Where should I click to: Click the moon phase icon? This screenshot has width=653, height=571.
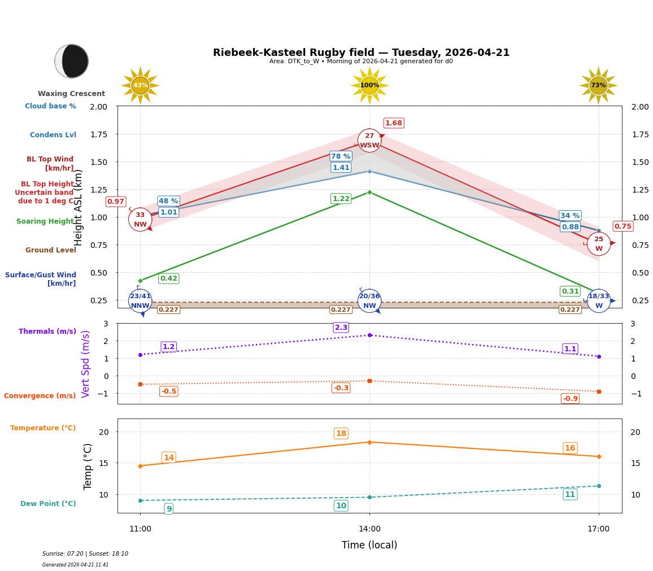coord(72,61)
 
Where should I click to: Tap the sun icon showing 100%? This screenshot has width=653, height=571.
coord(369,85)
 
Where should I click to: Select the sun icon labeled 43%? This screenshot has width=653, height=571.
coord(140,85)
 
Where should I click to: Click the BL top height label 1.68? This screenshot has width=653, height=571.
coord(393,123)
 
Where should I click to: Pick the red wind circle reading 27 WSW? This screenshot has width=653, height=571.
coord(369,141)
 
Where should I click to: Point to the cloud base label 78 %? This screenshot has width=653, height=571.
coord(341,156)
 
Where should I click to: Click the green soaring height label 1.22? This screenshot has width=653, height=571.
coord(341,199)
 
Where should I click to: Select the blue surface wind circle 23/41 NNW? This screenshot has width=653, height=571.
coord(140,301)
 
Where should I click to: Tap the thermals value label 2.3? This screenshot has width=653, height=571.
coord(341,328)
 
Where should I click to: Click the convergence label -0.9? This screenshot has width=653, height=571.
coord(570,399)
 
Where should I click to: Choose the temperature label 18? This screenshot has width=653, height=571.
coord(341,434)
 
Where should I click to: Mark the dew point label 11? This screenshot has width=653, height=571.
coord(570,495)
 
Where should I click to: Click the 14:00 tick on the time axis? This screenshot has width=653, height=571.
coord(369,529)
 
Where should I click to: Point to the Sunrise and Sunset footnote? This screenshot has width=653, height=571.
coord(85,554)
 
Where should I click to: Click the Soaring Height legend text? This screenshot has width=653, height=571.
coord(46,221)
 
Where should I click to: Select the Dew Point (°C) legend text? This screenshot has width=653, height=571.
coord(48,504)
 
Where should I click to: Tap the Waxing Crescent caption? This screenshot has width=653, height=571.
coord(71,94)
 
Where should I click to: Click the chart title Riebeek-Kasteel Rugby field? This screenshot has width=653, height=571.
coord(361,53)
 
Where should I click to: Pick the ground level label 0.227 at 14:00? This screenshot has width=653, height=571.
coord(341,310)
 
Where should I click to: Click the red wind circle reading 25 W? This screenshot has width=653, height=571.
coord(598,244)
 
